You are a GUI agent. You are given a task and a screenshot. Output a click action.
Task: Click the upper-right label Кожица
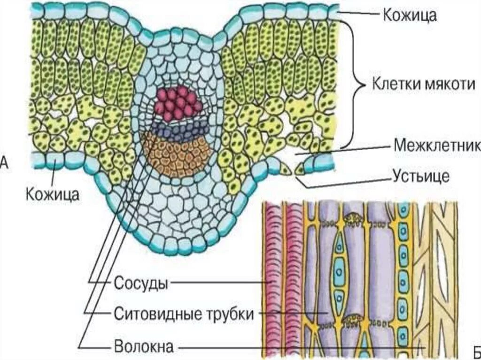410,15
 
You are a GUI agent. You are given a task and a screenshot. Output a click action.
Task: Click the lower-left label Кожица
52,193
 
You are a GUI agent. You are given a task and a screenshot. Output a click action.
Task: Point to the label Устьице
421,176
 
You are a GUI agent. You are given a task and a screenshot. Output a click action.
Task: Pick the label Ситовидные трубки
184,314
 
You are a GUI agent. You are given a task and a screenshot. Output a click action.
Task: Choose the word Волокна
144,347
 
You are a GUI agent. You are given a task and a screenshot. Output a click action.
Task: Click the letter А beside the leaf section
3,162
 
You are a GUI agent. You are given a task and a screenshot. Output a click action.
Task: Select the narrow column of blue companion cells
403,272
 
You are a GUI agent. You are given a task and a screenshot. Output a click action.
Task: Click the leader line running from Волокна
301,348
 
